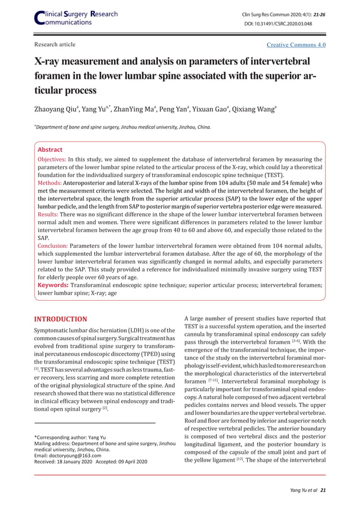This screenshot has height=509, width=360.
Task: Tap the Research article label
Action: coord(55,45)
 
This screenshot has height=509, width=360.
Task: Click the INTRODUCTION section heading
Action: coord(61,319)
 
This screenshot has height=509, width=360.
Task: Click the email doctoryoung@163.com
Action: coord(74,455)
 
